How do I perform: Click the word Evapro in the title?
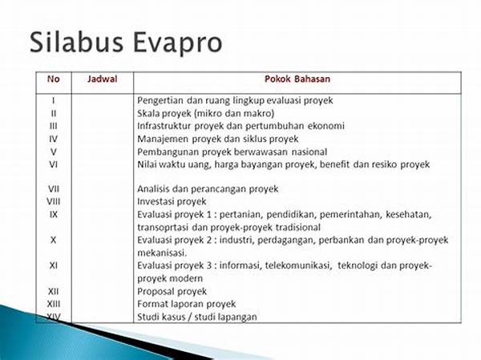tap(178, 43)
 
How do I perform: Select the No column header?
tap(54, 79)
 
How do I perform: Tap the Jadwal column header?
tap(102, 79)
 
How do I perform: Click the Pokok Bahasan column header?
tap(297, 79)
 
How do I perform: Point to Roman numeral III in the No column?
tap(54, 126)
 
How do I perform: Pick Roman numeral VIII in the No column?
tap(54, 201)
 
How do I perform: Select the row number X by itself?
tap(54, 240)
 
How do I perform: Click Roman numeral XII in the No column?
tap(54, 291)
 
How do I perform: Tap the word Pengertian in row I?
tap(160, 101)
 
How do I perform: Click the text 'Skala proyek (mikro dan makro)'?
tap(205, 114)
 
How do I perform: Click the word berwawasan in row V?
tap(261, 152)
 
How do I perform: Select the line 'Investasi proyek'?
tap(172, 201)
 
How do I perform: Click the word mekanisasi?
tap(162, 253)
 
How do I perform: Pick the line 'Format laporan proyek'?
tap(186, 304)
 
